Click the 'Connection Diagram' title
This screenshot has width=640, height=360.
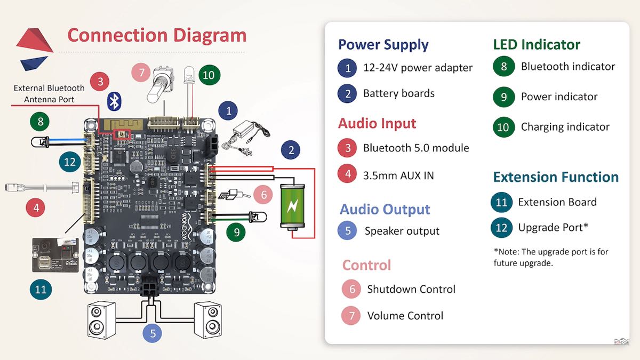pyautogui.click(x=157, y=35)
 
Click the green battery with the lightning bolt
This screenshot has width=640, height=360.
pyautogui.click(x=293, y=206)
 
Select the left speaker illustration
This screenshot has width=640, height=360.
pyautogui.click(x=101, y=319)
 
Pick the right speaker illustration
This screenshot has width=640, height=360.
pyautogui.click(x=208, y=319)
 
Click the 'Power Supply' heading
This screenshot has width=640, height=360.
pyautogui.click(x=383, y=45)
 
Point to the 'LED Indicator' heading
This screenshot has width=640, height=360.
pyautogui.click(x=536, y=45)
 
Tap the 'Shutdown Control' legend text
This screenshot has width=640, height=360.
pyautogui.click(x=411, y=289)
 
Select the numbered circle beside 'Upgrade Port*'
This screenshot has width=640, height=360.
pyautogui.click(x=501, y=228)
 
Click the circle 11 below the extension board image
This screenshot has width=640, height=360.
pyautogui.click(x=41, y=290)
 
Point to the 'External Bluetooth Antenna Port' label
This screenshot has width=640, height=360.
pyautogui.click(x=49, y=94)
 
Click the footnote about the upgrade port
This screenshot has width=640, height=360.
pyautogui.click(x=550, y=257)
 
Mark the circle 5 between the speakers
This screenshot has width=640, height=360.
pyautogui.click(x=153, y=333)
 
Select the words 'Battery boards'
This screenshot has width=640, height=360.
pyautogui.click(x=398, y=93)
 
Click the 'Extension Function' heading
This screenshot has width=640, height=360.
pyautogui.click(x=555, y=177)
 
